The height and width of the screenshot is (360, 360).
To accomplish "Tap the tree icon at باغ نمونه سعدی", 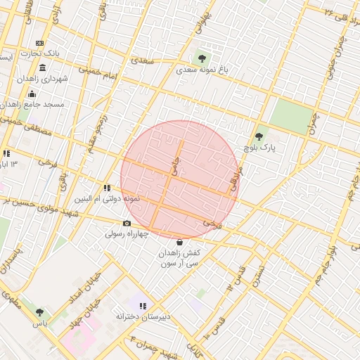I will click(x=202, y=58).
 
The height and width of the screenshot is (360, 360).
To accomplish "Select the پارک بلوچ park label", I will click(x=261, y=148).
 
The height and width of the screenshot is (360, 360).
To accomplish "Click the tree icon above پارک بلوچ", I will click(x=259, y=136).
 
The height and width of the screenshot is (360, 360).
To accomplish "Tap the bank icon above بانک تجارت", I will click(x=39, y=44).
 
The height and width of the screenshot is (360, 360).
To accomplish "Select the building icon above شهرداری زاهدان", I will click(x=43, y=68).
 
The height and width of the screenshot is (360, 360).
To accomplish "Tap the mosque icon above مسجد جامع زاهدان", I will click(x=31, y=94).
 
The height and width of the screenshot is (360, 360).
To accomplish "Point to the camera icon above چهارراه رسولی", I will click(x=127, y=223).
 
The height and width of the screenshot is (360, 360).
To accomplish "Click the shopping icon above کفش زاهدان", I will click(x=179, y=242).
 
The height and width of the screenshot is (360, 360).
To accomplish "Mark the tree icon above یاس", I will click(x=39, y=312).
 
